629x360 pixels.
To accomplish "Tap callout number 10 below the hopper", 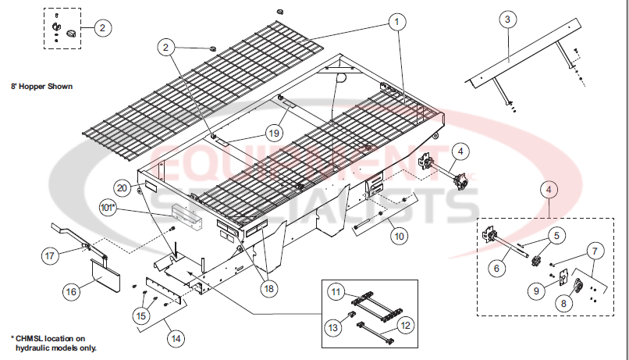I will (398, 235).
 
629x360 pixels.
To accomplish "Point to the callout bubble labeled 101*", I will (108, 208).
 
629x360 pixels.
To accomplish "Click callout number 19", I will (274, 132).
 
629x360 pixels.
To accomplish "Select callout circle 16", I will (71, 292).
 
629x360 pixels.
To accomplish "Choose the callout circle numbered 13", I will (333, 328).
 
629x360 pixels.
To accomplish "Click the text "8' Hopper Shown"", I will (41, 86).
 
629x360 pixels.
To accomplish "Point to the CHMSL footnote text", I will (53, 342).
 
